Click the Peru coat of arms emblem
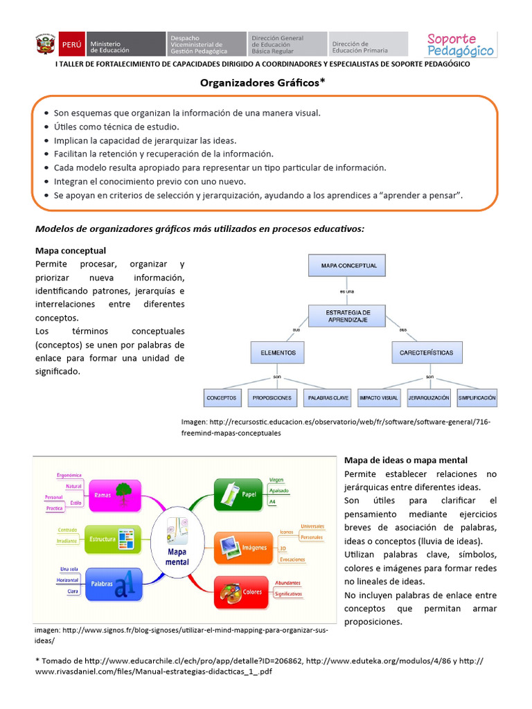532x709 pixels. coord(45,45)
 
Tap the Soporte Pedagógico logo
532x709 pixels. coord(460,45)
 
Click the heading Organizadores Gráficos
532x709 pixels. coord(263,82)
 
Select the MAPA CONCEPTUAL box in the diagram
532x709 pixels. coord(348,265)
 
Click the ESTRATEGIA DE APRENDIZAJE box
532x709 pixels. coord(348,316)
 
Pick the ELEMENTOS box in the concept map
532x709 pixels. coord(278,352)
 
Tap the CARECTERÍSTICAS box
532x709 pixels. coord(427,352)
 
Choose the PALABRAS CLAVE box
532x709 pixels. coord(328,398)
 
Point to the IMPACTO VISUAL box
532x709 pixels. coord(378,398)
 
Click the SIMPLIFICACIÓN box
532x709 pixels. coord(477,398)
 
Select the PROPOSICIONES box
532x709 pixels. coord(272,398)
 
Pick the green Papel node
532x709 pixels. coord(239,494)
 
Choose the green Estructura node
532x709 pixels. coord(112,539)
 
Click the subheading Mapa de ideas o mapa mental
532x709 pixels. coord(406,460)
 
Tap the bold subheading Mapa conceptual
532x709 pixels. coord(71,251)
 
